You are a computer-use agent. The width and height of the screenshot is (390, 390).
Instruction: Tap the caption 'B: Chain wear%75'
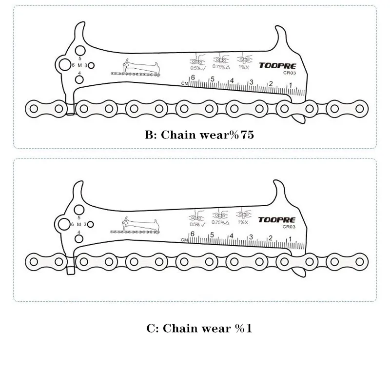tap(199, 135)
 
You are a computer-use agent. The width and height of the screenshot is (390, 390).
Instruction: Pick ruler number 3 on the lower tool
tap(251, 237)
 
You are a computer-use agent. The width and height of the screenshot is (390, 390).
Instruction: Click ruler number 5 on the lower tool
tap(212, 235)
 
